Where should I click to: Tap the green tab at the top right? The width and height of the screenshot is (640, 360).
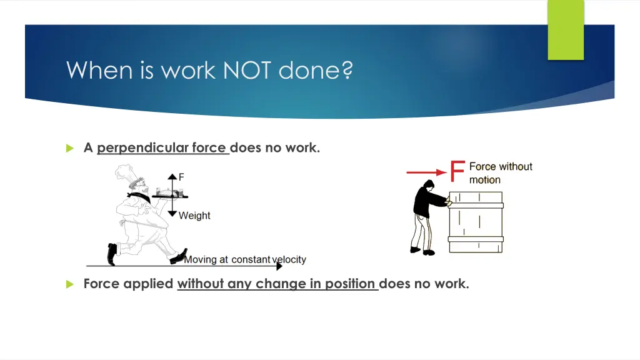pyautogui.click(x=566, y=30)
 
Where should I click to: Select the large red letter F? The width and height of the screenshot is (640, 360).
pyautogui.click(x=457, y=171)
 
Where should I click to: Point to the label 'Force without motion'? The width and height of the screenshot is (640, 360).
pyautogui.click(x=500, y=173)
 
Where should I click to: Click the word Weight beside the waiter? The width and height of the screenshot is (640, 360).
pyautogui.click(x=194, y=216)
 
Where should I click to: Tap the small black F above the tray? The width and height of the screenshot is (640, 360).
pyautogui.click(x=181, y=177)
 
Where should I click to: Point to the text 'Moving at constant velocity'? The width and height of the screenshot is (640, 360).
pyautogui.click(x=244, y=259)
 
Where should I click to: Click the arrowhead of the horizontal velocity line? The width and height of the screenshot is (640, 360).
pyautogui.click(x=279, y=266)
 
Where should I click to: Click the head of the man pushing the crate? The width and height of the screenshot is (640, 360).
pyautogui.click(x=428, y=186)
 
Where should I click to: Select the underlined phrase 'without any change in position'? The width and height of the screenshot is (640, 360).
pyautogui.click(x=277, y=284)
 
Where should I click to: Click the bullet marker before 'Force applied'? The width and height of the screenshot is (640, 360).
pyautogui.click(x=70, y=284)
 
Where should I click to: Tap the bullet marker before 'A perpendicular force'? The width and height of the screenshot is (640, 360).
pyautogui.click(x=70, y=148)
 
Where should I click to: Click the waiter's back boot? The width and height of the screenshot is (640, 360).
pyautogui.click(x=112, y=253)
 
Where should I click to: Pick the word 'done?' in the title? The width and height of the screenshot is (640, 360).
pyautogui.click(x=316, y=70)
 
